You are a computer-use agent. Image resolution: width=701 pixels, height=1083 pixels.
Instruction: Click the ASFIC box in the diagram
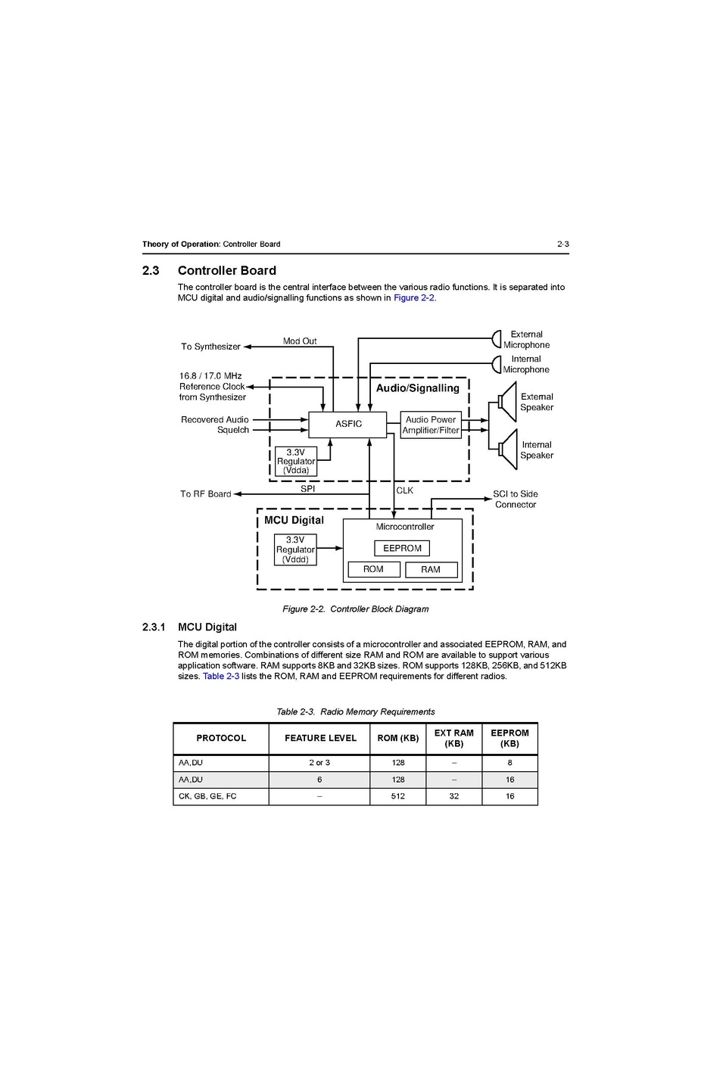(347, 425)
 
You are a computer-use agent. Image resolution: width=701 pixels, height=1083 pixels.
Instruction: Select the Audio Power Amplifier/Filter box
(431, 425)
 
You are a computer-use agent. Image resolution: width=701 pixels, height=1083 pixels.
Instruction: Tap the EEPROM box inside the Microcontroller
(402, 549)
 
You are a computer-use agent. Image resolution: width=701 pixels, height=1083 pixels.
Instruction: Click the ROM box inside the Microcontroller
(373, 569)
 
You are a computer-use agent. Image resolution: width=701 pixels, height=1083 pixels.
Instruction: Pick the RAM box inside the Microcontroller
(431, 570)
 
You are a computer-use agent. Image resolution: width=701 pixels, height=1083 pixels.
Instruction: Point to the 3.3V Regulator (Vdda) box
(296, 462)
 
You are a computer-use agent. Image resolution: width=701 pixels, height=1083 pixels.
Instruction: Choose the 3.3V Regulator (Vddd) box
(295, 550)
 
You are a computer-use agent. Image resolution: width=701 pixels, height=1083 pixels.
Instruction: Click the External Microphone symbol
(497, 338)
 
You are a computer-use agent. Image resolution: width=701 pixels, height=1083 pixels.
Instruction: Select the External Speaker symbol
(506, 401)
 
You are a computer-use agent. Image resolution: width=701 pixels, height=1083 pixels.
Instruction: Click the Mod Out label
(300, 341)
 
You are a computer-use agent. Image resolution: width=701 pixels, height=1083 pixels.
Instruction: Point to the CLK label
(405, 490)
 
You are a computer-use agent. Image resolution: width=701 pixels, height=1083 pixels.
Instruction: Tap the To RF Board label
(206, 494)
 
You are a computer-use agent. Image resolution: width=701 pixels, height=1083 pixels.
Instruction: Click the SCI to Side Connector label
(516, 499)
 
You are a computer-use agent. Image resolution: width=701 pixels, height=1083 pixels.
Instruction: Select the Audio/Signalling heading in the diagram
(418, 388)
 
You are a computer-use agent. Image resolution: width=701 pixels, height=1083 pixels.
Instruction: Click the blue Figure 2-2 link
(413, 298)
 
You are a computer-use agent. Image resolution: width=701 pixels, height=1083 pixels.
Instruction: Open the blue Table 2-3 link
(221, 677)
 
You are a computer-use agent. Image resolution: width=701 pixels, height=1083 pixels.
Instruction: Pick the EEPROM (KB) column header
(509, 739)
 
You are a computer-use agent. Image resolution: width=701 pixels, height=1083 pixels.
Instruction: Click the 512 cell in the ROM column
(398, 796)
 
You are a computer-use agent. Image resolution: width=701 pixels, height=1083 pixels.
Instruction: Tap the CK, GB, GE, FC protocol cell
(207, 796)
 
